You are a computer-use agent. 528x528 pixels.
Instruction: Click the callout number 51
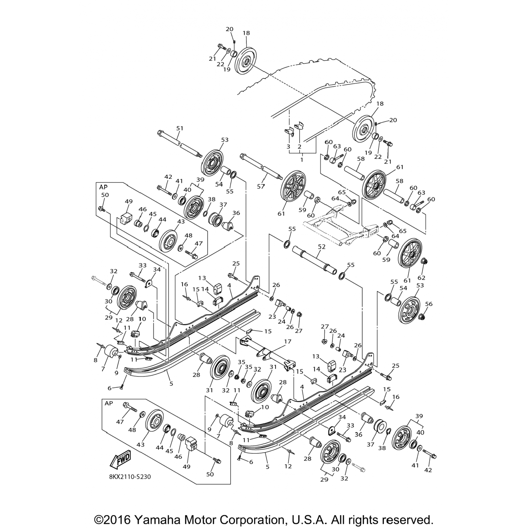[180, 128]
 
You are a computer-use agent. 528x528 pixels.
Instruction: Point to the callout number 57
[260, 187]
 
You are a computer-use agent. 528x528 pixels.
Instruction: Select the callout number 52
[322, 247]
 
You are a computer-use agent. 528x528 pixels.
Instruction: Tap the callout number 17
[288, 341]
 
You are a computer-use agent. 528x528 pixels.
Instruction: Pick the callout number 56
[429, 304]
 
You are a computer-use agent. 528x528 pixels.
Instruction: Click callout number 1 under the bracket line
[302, 159]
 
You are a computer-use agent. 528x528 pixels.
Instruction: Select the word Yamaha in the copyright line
[154, 510]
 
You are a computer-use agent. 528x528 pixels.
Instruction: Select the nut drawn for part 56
[422, 317]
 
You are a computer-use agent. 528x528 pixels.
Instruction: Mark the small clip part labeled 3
[289, 131]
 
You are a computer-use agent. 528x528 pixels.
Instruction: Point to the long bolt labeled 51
[178, 144]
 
